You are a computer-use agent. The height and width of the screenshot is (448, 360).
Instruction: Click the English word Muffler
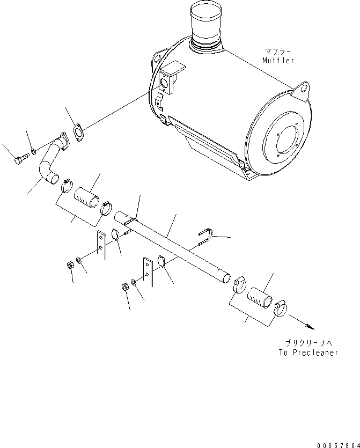pyautogui.click(x=278, y=60)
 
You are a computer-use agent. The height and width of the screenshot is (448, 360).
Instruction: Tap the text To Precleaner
pyautogui.click(x=308, y=352)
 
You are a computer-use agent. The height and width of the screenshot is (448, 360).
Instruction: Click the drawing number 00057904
pyautogui.click(x=339, y=445)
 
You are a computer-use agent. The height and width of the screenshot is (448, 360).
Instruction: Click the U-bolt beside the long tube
pyautogui.click(x=205, y=237)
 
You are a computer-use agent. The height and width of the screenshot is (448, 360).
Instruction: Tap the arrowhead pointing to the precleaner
pyautogui.click(x=311, y=327)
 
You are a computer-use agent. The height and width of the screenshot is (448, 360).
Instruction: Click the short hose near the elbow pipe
pyautogui.click(x=86, y=197)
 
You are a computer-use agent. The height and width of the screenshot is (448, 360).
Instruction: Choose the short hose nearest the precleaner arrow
pyautogui.click(x=260, y=298)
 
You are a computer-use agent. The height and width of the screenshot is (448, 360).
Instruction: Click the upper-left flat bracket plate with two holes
pyautogui.click(x=101, y=245)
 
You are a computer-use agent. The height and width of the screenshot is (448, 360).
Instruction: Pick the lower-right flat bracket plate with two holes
pyautogui.click(x=148, y=271)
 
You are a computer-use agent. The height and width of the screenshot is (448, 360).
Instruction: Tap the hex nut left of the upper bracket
pyautogui.click(x=70, y=266)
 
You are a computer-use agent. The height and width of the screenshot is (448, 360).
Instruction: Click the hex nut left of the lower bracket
pyautogui.click(x=125, y=287)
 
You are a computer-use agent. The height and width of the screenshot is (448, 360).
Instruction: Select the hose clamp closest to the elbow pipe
pyautogui.click(x=67, y=186)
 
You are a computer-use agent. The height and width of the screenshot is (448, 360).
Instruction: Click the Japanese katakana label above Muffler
pyautogui.click(x=278, y=52)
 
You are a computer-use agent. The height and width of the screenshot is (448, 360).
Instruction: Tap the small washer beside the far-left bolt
pyautogui.click(x=34, y=151)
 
